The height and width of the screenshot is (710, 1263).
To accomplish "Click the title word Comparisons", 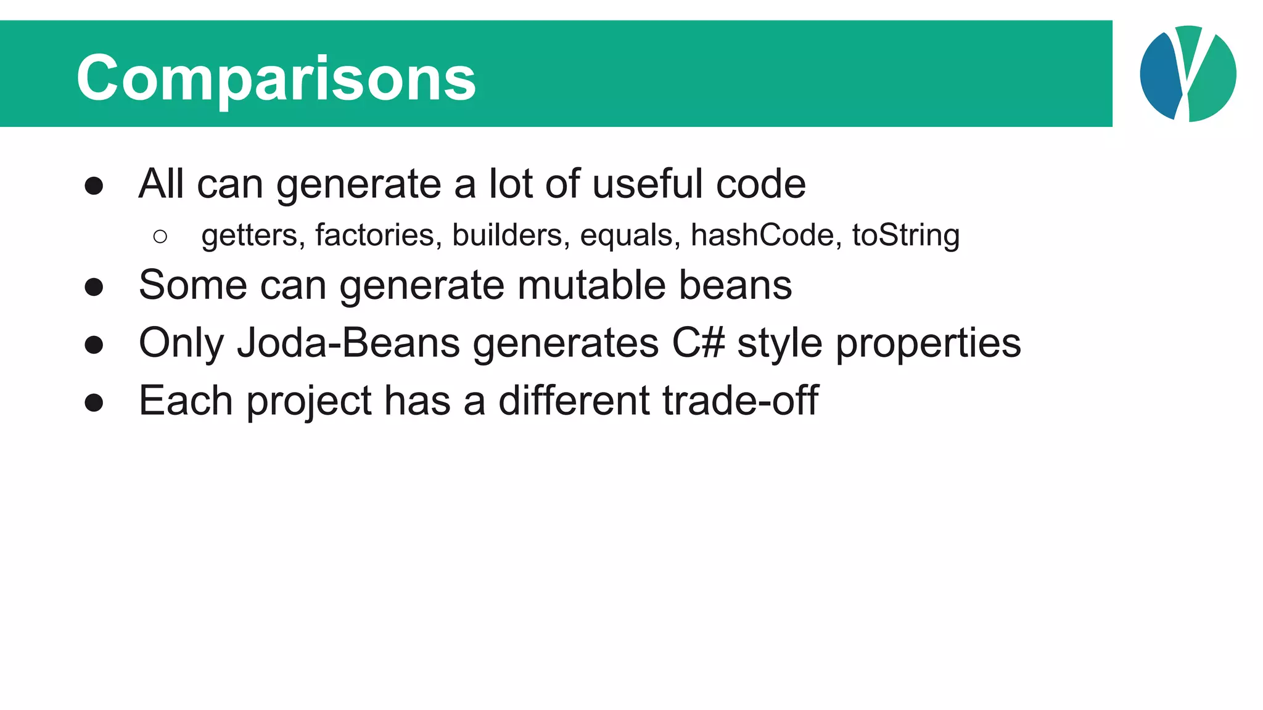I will (276, 78).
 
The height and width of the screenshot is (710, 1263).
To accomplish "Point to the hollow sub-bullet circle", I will (160, 237).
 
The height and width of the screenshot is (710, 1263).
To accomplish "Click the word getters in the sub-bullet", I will (253, 235).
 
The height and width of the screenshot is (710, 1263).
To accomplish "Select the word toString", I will (905, 235).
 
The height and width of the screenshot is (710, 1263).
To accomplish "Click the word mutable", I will (591, 285).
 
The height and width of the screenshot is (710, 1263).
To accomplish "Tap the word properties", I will (928, 344).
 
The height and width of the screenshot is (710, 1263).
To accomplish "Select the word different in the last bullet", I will (574, 401).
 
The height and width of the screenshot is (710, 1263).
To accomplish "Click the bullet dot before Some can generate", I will (94, 287).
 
